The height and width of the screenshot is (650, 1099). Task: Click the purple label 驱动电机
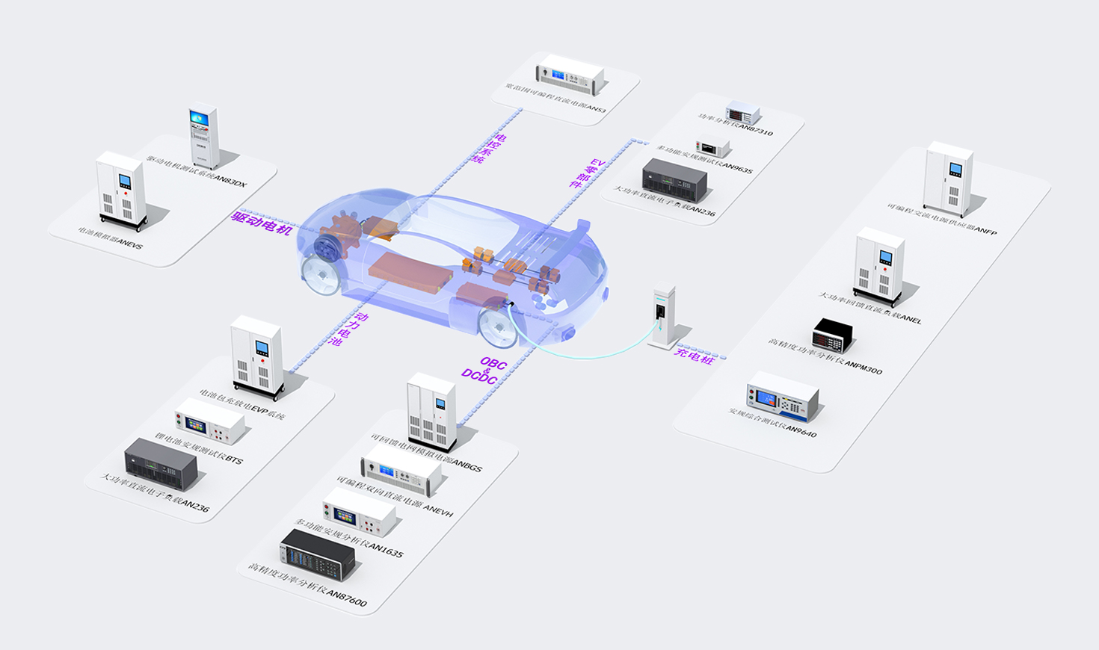click(262, 223)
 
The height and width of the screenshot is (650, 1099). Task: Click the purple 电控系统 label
click(490, 149)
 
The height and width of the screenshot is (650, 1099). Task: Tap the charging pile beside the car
click(662, 317)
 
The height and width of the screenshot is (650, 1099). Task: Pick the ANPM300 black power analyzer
click(832, 335)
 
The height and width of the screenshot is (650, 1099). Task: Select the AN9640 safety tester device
click(783, 397)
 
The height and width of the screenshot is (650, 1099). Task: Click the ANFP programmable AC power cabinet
click(949, 179)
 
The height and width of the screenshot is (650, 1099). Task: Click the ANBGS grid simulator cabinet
click(431, 412)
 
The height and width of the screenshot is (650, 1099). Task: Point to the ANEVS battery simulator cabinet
click(121, 191)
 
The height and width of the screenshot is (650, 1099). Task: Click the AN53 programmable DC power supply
click(570, 74)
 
